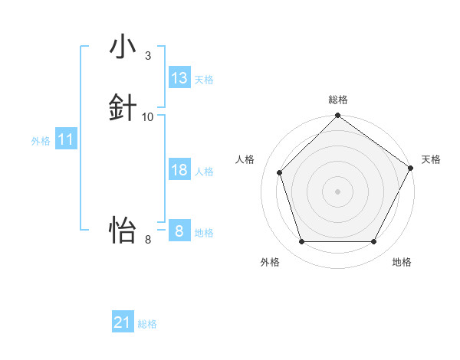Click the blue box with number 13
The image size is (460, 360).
click(x=179, y=78)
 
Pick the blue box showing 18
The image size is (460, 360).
click(x=179, y=170)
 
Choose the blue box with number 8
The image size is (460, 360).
click(x=179, y=231)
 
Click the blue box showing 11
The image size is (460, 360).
click(x=66, y=139)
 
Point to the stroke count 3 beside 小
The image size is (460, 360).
click(x=147, y=56)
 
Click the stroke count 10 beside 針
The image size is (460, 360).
click(x=148, y=116)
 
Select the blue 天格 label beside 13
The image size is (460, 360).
click(x=204, y=80)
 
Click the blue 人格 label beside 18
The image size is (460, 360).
click(x=204, y=172)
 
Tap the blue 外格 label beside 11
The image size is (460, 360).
click(x=41, y=141)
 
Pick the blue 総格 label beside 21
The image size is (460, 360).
click(x=147, y=324)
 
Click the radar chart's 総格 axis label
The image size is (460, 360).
click(x=338, y=100)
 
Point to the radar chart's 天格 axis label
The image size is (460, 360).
click(x=431, y=159)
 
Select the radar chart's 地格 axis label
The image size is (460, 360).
click(x=402, y=262)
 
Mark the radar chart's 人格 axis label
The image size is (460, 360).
click(x=245, y=159)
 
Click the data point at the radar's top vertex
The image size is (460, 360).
click(x=338, y=116)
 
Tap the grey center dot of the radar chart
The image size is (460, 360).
click(x=338, y=191)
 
